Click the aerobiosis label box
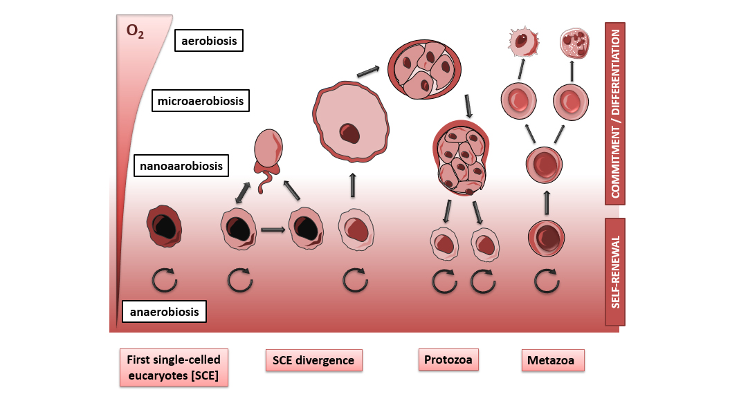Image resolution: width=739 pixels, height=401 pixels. (x=209, y=41)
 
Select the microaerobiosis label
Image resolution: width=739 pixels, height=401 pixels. (x=201, y=102)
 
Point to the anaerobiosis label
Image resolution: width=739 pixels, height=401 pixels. (x=164, y=312)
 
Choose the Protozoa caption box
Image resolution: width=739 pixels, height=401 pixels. (x=449, y=360)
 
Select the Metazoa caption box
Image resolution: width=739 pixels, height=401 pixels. (x=551, y=360)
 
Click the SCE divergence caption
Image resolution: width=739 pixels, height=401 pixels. (x=313, y=360)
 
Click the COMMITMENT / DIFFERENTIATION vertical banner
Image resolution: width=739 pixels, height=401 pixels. (x=615, y=113)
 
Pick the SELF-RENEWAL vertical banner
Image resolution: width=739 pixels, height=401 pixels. (x=615, y=272)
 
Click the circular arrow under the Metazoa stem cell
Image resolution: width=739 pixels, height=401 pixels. (x=547, y=280)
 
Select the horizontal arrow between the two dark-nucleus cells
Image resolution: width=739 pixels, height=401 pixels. (x=273, y=230)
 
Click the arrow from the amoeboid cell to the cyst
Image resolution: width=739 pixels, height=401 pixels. (x=368, y=72)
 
